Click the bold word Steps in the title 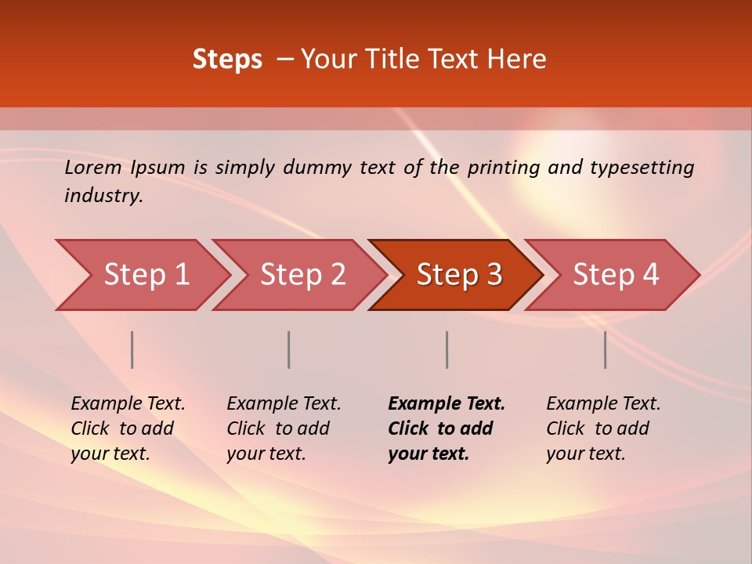[x=227, y=60]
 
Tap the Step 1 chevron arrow [x=146, y=275]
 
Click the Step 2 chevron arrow [x=302, y=275]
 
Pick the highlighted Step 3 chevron [x=459, y=275]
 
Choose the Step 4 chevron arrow [x=616, y=275]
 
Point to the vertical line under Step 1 [x=132, y=349]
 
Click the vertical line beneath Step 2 [x=289, y=349]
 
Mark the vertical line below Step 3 [x=446, y=349]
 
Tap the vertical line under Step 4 [x=605, y=349]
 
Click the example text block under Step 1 [x=128, y=428]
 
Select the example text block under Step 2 [x=284, y=428]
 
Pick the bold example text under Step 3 [x=446, y=428]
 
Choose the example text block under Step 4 [x=603, y=428]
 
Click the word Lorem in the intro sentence [x=93, y=168]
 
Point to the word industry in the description [x=103, y=196]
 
